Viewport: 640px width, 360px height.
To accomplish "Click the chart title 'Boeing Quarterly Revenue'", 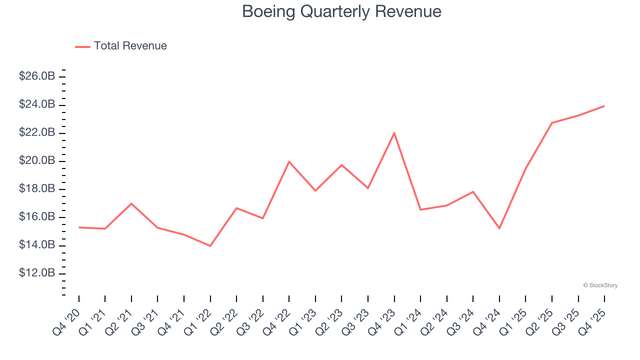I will (341, 11).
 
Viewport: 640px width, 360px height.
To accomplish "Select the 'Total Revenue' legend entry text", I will (130, 46).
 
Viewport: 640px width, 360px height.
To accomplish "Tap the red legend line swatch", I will (82, 46).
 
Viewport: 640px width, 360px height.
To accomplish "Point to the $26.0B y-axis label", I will (37, 76).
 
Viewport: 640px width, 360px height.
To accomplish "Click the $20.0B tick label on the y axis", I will (37, 161).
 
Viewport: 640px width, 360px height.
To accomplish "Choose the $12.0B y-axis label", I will (37, 273).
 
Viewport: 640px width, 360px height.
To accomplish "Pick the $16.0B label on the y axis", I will (37, 217).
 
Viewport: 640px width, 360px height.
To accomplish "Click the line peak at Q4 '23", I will (394, 133).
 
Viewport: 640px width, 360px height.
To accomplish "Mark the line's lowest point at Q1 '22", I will (210, 245).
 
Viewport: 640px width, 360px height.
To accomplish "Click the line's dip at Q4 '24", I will (499, 228).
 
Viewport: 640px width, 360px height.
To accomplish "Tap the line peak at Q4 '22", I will (289, 161).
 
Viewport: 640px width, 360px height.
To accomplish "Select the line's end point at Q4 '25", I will (604, 106).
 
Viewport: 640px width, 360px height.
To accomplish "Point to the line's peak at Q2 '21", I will (131, 203).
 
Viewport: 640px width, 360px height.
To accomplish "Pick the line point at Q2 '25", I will (551, 122).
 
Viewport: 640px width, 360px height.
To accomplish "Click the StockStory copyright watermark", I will (600, 285).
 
